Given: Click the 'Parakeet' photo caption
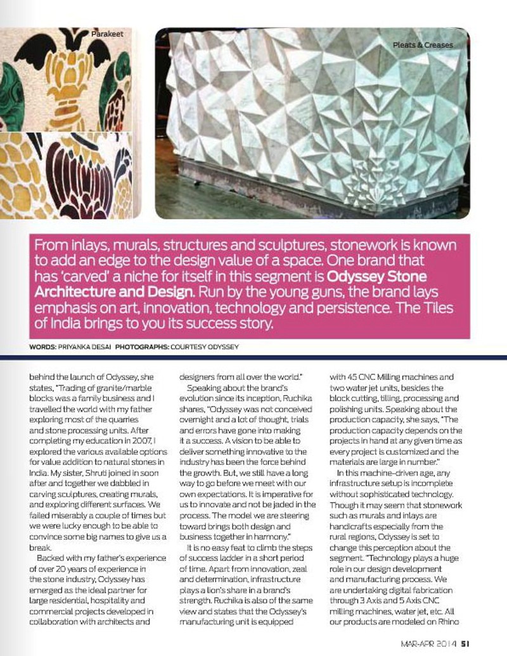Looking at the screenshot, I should (106, 32).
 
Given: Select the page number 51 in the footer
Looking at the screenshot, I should (465, 644).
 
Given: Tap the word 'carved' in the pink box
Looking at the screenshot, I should (120, 278).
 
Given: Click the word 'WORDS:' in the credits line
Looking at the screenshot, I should (42, 347).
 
